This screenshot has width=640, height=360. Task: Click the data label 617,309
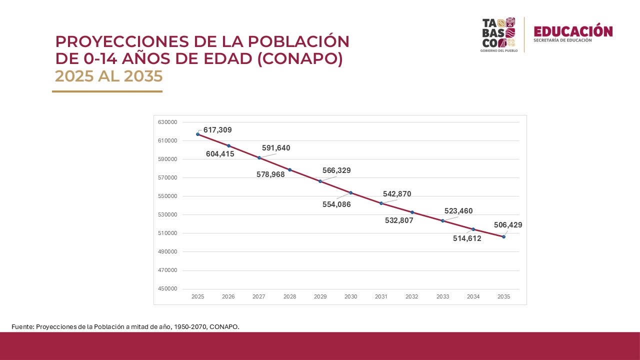pyautogui.click(x=217, y=130)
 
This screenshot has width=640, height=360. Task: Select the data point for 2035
pyautogui.click(x=503, y=236)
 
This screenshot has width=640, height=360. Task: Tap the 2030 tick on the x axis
pyautogui.click(x=350, y=296)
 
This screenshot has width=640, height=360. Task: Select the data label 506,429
pyautogui.click(x=507, y=225)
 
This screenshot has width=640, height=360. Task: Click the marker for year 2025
pyautogui.click(x=198, y=134)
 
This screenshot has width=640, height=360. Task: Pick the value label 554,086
pyautogui.click(x=336, y=204)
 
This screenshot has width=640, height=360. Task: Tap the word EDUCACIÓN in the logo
pyautogui.click(x=572, y=31)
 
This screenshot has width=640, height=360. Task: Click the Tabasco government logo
pyautogui.click(x=498, y=34)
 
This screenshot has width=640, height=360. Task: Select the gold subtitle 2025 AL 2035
pyautogui.click(x=109, y=76)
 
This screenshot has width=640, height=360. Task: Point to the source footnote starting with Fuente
pyautogui.click(x=125, y=326)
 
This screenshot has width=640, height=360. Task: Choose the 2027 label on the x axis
pyautogui.click(x=259, y=296)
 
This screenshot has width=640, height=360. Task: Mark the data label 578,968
pyautogui.click(x=270, y=174)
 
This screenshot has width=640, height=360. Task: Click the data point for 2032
pyautogui.click(x=412, y=212)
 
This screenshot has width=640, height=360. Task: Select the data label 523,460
pyautogui.click(x=458, y=211)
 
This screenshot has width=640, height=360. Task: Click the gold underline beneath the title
pyautogui.click(x=107, y=91)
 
